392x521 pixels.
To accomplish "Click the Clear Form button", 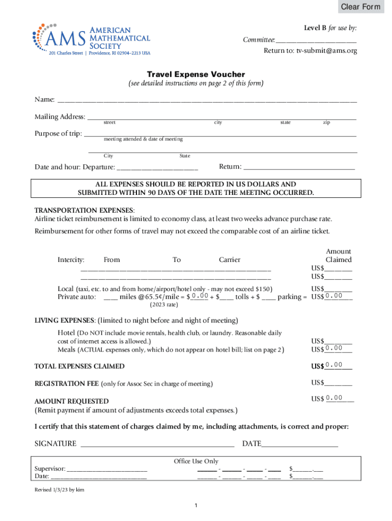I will (x=360, y=7).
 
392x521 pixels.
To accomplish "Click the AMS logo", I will (x=92, y=38).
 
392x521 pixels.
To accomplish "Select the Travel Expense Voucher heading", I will (x=196, y=74).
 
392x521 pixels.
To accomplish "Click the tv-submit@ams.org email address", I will (x=327, y=51).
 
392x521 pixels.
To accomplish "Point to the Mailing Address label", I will (x=60, y=117).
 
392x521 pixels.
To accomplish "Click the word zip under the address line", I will (x=326, y=123).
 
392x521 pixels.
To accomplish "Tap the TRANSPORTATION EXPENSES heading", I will (x=84, y=210).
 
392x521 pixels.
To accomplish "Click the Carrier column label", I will (x=230, y=259).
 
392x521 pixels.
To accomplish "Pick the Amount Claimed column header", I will (x=339, y=255).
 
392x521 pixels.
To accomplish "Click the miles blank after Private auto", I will (x=110, y=297).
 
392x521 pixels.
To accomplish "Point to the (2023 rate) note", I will (x=163, y=305).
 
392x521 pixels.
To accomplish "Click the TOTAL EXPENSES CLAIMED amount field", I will (x=339, y=366).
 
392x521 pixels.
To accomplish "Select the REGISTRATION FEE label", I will (x=67, y=383).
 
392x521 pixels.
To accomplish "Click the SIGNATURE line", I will (x=157, y=444).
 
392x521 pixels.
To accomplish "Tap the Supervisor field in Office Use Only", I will (x=107, y=469).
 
